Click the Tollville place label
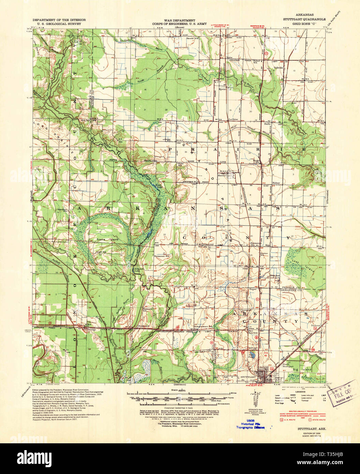[279, 68]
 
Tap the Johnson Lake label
[137, 270]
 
